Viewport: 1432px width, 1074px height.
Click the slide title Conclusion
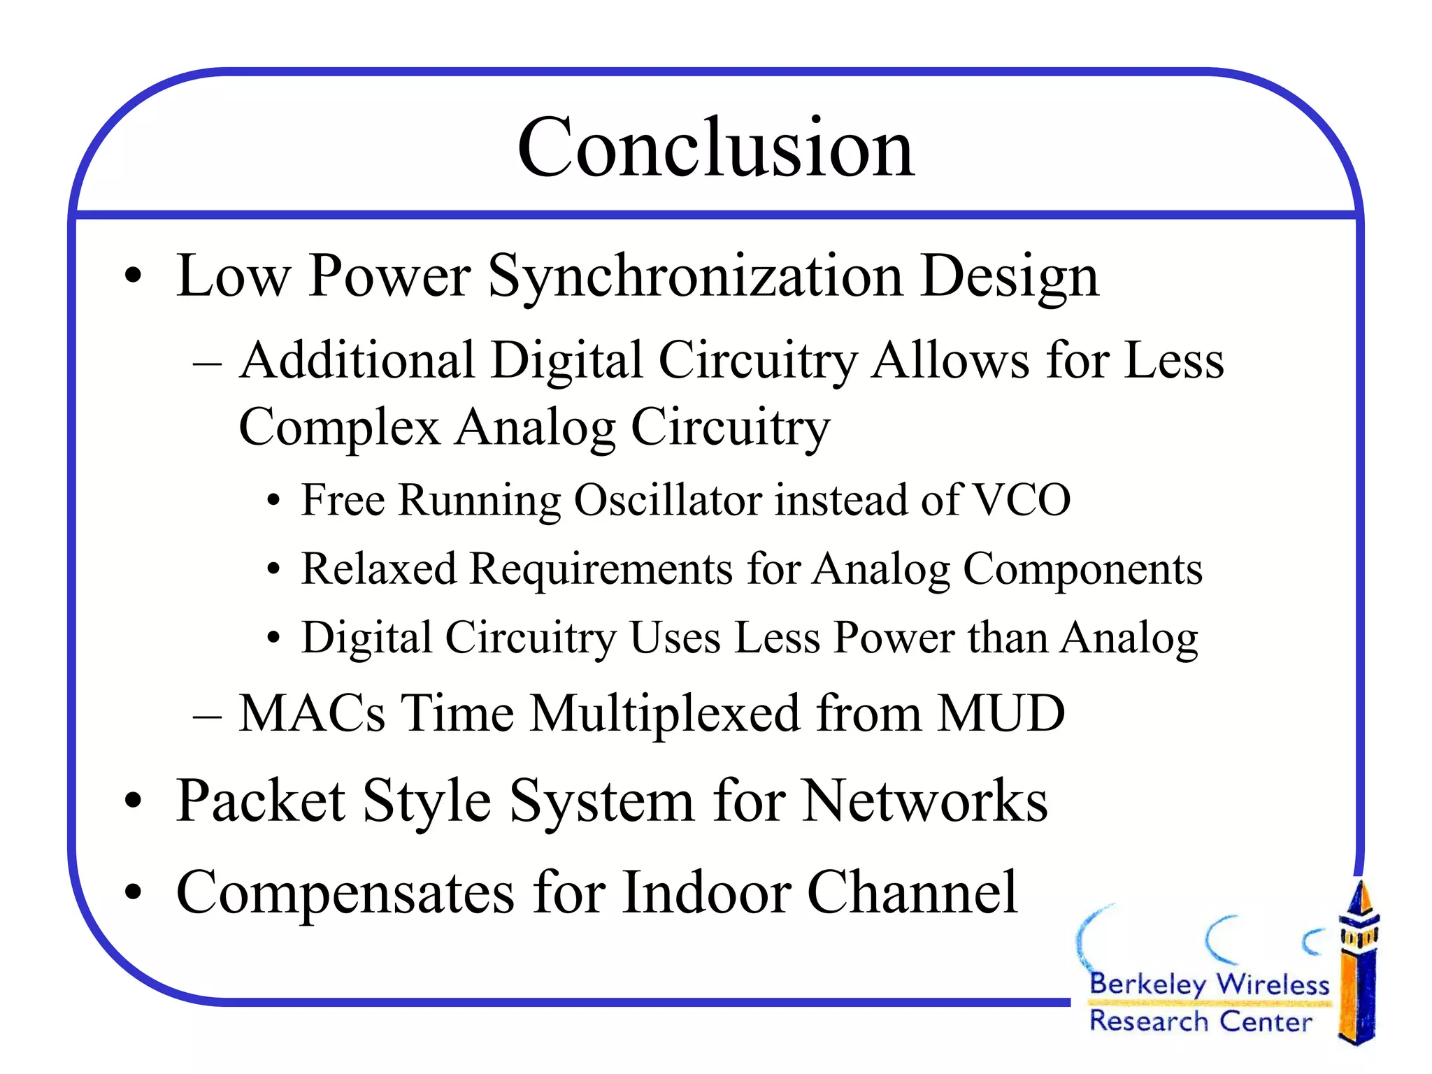(x=715, y=148)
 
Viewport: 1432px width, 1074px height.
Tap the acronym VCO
(x=1022, y=500)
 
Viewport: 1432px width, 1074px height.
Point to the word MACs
(x=312, y=713)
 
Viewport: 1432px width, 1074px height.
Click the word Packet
(x=261, y=801)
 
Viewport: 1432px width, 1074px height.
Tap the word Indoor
(x=706, y=893)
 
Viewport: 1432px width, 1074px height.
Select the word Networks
(x=924, y=801)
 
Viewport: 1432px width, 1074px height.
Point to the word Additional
(x=357, y=361)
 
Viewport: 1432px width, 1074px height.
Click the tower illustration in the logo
(x=1358, y=965)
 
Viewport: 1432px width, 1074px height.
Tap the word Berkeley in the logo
(x=1147, y=984)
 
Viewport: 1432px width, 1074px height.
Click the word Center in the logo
(x=1265, y=1022)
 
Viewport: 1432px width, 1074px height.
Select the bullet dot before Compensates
(x=133, y=893)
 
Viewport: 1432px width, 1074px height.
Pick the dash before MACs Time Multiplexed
(x=207, y=716)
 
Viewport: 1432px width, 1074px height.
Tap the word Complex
(x=339, y=427)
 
